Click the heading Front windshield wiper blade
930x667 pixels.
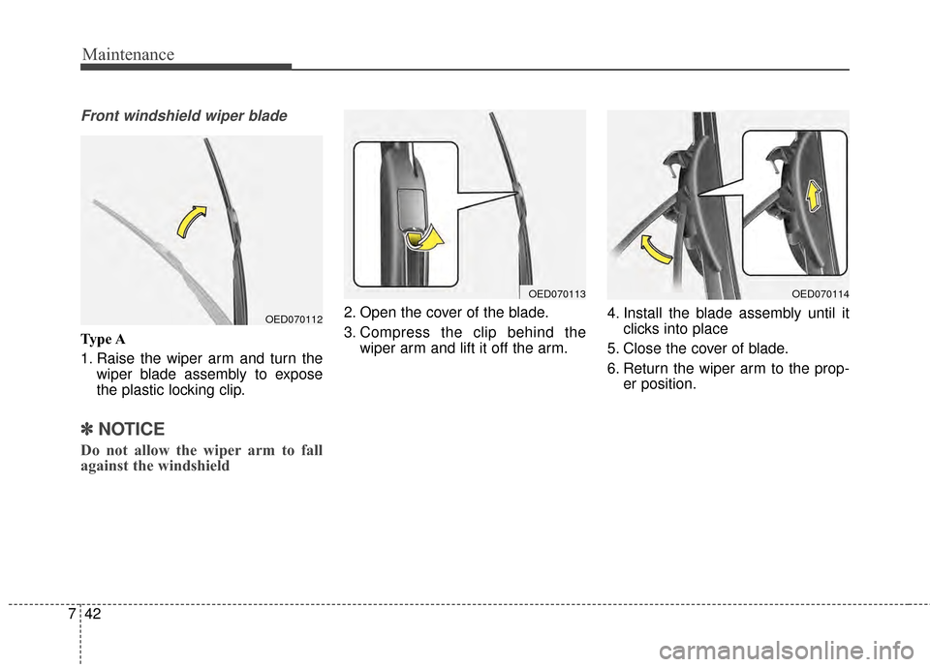coord(184,116)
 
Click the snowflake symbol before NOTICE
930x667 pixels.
coord(88,429)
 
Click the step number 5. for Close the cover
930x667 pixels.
coord(614,349)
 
